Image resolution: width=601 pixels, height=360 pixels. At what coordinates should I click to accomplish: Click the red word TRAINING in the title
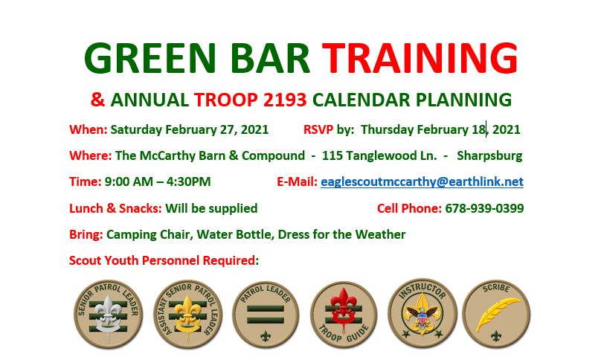point(420,58)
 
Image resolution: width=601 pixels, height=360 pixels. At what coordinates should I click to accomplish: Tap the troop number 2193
point(285,100)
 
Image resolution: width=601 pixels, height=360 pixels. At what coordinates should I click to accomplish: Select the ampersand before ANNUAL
point(97,100)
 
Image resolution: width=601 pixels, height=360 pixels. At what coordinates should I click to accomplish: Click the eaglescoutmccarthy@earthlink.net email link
point(422,181)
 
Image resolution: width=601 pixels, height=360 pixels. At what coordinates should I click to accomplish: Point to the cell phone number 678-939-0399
point(484,208)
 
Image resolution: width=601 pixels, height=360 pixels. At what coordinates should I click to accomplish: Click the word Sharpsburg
point(489,155)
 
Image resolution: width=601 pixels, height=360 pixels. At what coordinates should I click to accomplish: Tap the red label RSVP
point(318,129)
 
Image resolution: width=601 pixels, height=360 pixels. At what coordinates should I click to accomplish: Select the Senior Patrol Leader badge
point(109,315)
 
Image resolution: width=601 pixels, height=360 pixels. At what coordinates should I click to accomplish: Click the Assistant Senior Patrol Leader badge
point(187,315)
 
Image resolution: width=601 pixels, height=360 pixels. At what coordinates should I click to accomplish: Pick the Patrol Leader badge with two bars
point(266,315)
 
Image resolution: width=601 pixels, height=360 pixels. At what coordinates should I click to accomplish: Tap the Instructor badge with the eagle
point(422,313)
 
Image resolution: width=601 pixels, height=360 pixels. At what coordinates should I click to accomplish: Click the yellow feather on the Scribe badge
point(497,313)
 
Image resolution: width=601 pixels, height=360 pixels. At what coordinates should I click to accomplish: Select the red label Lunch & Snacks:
point(115,208)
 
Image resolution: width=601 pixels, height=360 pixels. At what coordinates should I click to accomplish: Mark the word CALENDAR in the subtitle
point(361,100)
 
